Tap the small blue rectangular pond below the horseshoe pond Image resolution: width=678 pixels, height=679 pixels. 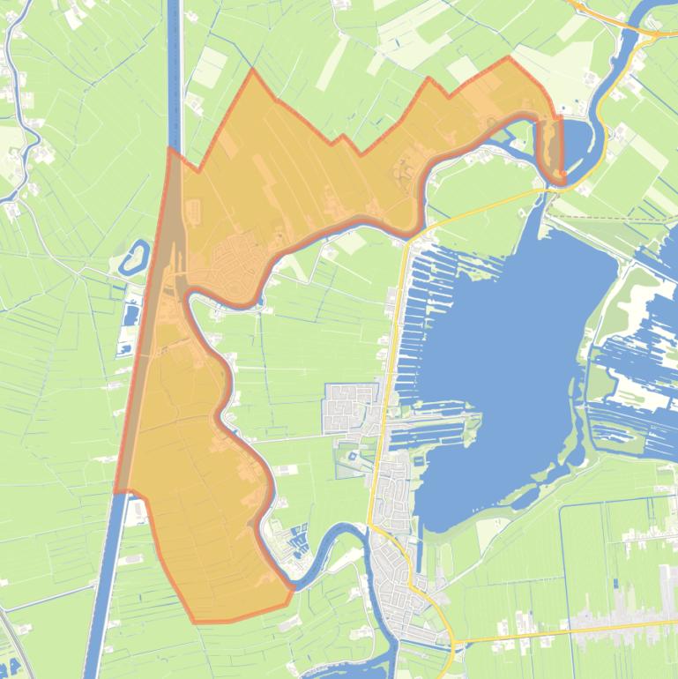coord(132,315)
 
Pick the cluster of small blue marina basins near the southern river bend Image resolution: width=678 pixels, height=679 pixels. coord(293,540)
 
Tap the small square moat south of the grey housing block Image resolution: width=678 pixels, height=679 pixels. coord(353,456)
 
